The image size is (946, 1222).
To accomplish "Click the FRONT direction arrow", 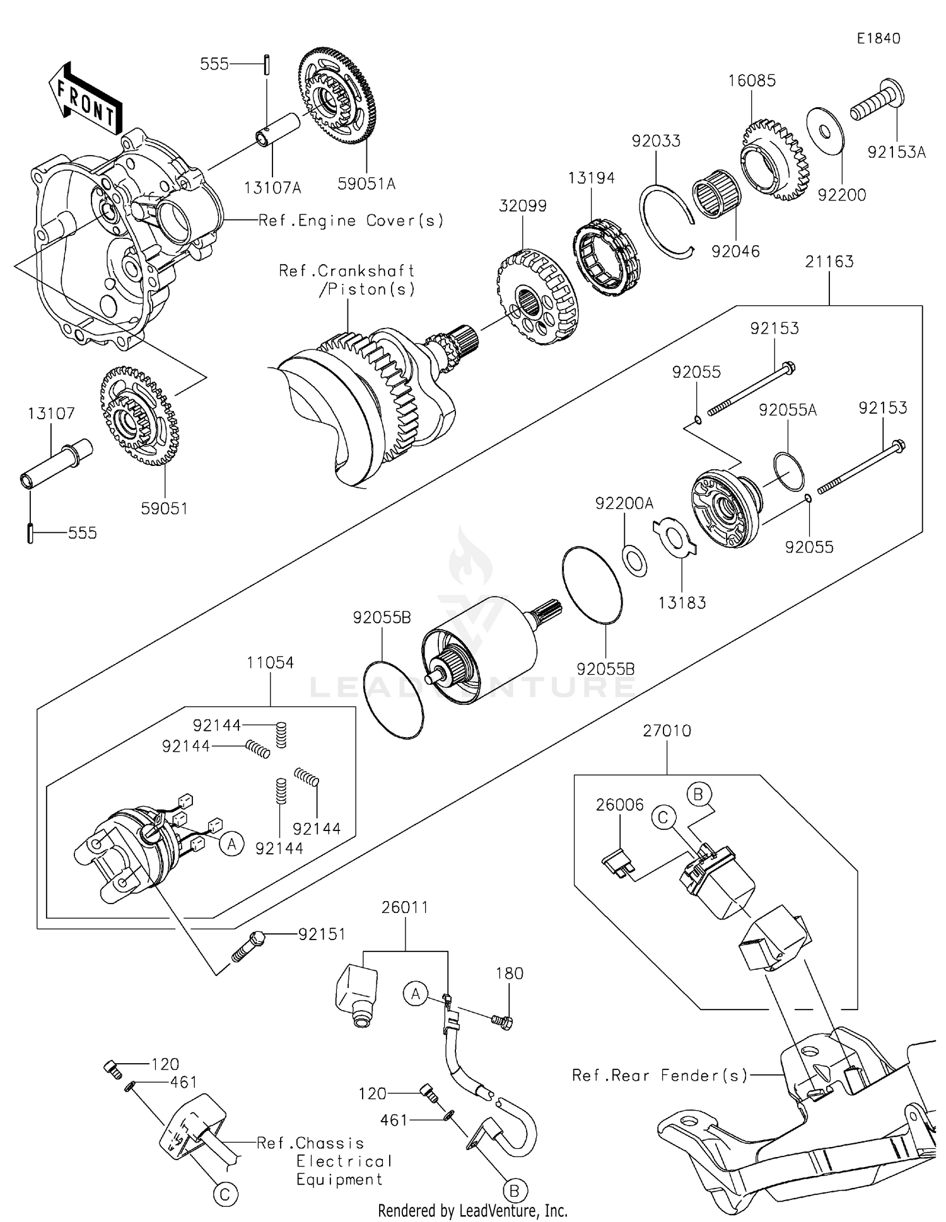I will pos(86,100).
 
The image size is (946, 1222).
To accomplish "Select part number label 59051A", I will pos(366,183).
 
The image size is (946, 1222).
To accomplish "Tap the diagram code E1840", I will pos(879,38).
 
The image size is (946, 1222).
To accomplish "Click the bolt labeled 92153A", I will pos(876,103).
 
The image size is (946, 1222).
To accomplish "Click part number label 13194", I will pos(591,178).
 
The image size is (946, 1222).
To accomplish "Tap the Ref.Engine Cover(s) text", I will pos(351,220).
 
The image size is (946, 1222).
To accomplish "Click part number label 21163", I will pos(829,261).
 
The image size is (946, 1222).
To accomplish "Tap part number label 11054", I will pos(270,663).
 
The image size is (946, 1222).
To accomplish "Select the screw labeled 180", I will pos(503,1019).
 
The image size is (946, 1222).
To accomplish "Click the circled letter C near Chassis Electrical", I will pos(225,1194).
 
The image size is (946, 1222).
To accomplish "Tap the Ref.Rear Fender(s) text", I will pos(660,1075).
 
